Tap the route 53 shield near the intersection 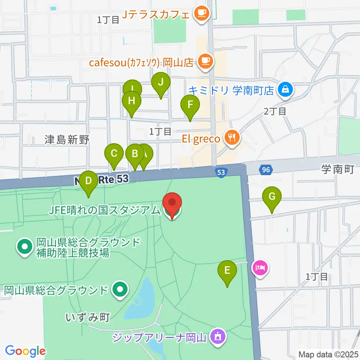(x=221, y=172)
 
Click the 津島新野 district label (x=67, y=140)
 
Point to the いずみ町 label (x=87, y=318)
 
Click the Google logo (x=25, y=351)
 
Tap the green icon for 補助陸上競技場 (x=25, y=247)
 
